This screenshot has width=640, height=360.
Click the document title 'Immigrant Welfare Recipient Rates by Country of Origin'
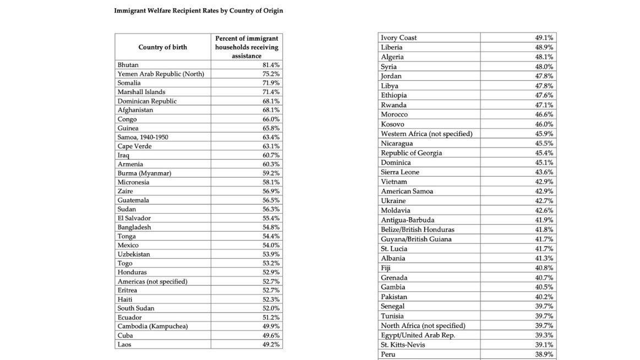click(x=198, y=10)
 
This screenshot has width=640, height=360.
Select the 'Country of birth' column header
click(x=162, y=47)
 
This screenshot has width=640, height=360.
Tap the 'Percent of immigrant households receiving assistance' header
click(x=247, y=47)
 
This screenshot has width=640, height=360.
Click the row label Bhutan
click(x=128, y=65)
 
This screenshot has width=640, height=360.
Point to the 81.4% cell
click(x=271, y=65)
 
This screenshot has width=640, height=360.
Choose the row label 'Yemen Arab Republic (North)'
click(x=161, y=74)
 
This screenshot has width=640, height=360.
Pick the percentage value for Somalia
click(x=271, y=83)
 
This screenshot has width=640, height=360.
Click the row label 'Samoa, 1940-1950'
click(x=143, y=137)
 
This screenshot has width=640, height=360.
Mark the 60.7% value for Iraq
click(x=271, y=155)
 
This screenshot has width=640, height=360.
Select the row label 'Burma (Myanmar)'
click(x=144, y=173)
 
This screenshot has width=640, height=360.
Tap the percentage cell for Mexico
click(x=271, y=246)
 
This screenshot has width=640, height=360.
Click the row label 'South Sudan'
click(x=136, y=308)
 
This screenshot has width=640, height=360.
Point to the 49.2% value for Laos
click(x=271, y=345)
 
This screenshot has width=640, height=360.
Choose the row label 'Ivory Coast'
click(x=398, y=38)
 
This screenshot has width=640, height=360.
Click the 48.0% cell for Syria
click(x=544, y=67)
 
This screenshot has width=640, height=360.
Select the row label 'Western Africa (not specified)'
click(x=426, y=134)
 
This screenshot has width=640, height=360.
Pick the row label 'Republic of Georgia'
click(x=411, y=153)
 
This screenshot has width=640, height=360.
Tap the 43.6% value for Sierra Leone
click(x=544, y=172)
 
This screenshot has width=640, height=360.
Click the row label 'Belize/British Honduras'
click(x=418, y=230)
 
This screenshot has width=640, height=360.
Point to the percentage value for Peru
click(x=544, y=354)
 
